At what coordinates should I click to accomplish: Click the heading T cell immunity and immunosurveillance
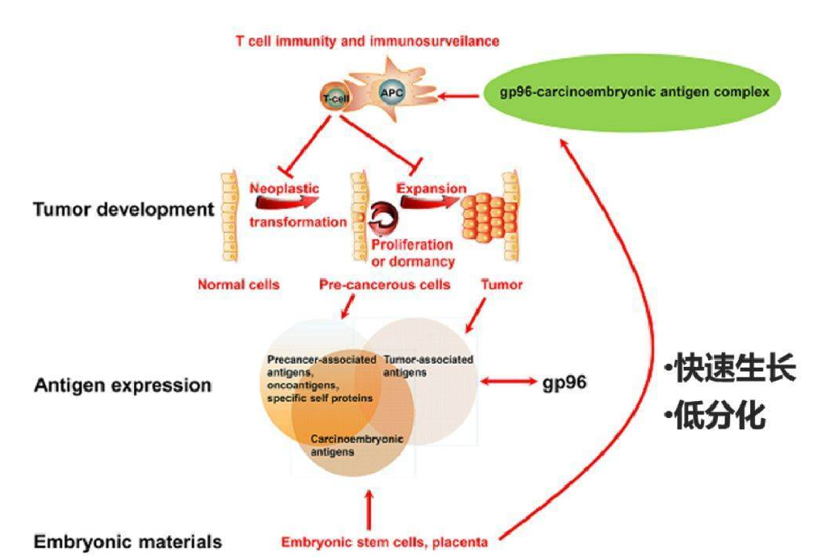pos(367,42)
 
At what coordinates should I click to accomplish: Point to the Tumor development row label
pos(124,210)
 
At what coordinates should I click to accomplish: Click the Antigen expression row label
pos(123,385)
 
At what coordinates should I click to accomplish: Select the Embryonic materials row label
pos(127,542)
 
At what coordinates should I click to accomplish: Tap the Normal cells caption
pos(238,284)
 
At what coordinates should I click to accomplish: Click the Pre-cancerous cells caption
pos(384,284)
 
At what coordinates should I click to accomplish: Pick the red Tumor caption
pos(501,284)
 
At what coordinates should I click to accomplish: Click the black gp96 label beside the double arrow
pos(565,383)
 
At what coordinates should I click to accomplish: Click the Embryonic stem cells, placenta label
pos(384,542)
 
